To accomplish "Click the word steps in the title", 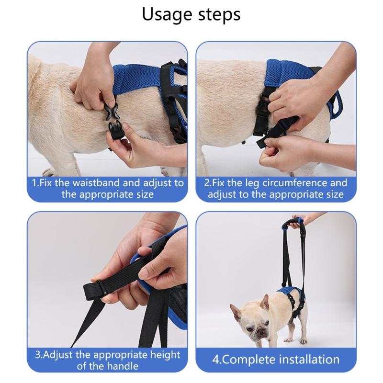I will (x=218, y=15).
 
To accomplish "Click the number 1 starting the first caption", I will (x=34, y=183).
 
